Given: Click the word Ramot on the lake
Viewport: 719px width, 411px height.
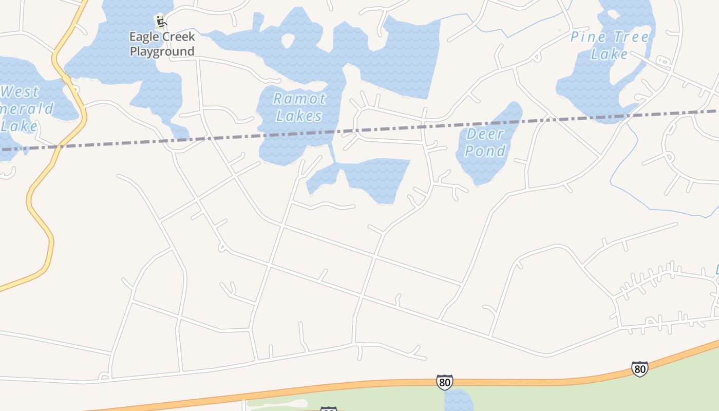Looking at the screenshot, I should pyautogui.click(x=299, y=98).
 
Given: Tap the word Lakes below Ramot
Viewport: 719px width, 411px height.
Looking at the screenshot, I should pyautogui.click(x=299, y=116).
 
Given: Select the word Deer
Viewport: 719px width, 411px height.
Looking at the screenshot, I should pyautogui.click(x=485, y=134).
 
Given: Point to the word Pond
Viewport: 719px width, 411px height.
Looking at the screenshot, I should pyautogui.click(x=485, y=151).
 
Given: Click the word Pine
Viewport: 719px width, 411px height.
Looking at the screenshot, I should pyautogui.click(x=588, y=37).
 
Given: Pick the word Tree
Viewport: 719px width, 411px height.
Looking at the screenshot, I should pyautogui.click(x=629, y=37).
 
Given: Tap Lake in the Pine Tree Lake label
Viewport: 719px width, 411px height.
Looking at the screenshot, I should pyautogui.click(x=609, y=54).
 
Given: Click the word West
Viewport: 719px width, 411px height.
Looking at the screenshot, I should pyautogui.click(x=20, y=92).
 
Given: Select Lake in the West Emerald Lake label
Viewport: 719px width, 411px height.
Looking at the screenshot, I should pyautogui.click(x=19, y=126).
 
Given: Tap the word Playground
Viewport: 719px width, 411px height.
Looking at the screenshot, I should pyautogui.click(x=162, y=51).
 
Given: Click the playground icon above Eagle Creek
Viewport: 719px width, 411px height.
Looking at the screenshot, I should pyautogui.click(x=161, y=22).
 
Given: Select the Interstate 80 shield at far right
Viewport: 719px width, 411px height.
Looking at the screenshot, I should pyautogui.click(x=639, y=369).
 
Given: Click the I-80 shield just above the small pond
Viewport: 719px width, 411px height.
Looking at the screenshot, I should pyautogui.click(x=445, y=382).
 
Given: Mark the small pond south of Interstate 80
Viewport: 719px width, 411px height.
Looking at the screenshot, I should pyautogui.click(x=458, y=401).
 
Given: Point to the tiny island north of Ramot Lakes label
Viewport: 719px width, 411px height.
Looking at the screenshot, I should pyautogui.click(x=288, y=41).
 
